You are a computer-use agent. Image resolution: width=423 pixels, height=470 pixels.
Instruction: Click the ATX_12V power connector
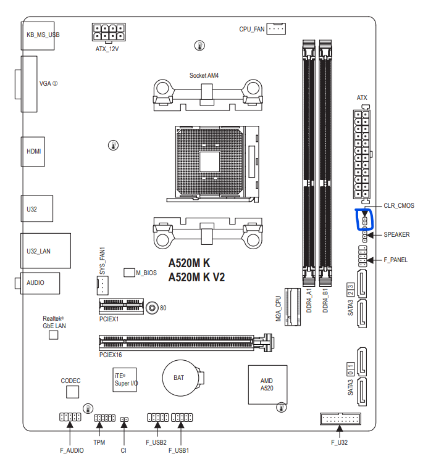(109, 32)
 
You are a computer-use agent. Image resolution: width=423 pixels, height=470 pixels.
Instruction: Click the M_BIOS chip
(129, 272)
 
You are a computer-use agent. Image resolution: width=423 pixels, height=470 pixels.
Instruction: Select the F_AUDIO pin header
(70, 417)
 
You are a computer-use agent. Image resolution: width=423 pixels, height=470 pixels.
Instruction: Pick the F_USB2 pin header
(157, 418)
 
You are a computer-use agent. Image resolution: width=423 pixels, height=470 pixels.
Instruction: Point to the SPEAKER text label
(396, 234)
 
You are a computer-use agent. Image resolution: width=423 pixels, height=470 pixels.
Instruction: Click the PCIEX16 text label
(111, 355)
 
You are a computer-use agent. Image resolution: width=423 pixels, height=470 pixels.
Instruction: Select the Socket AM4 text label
(204, 75)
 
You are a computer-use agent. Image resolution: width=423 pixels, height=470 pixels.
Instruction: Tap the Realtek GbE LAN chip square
(54, 334)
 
